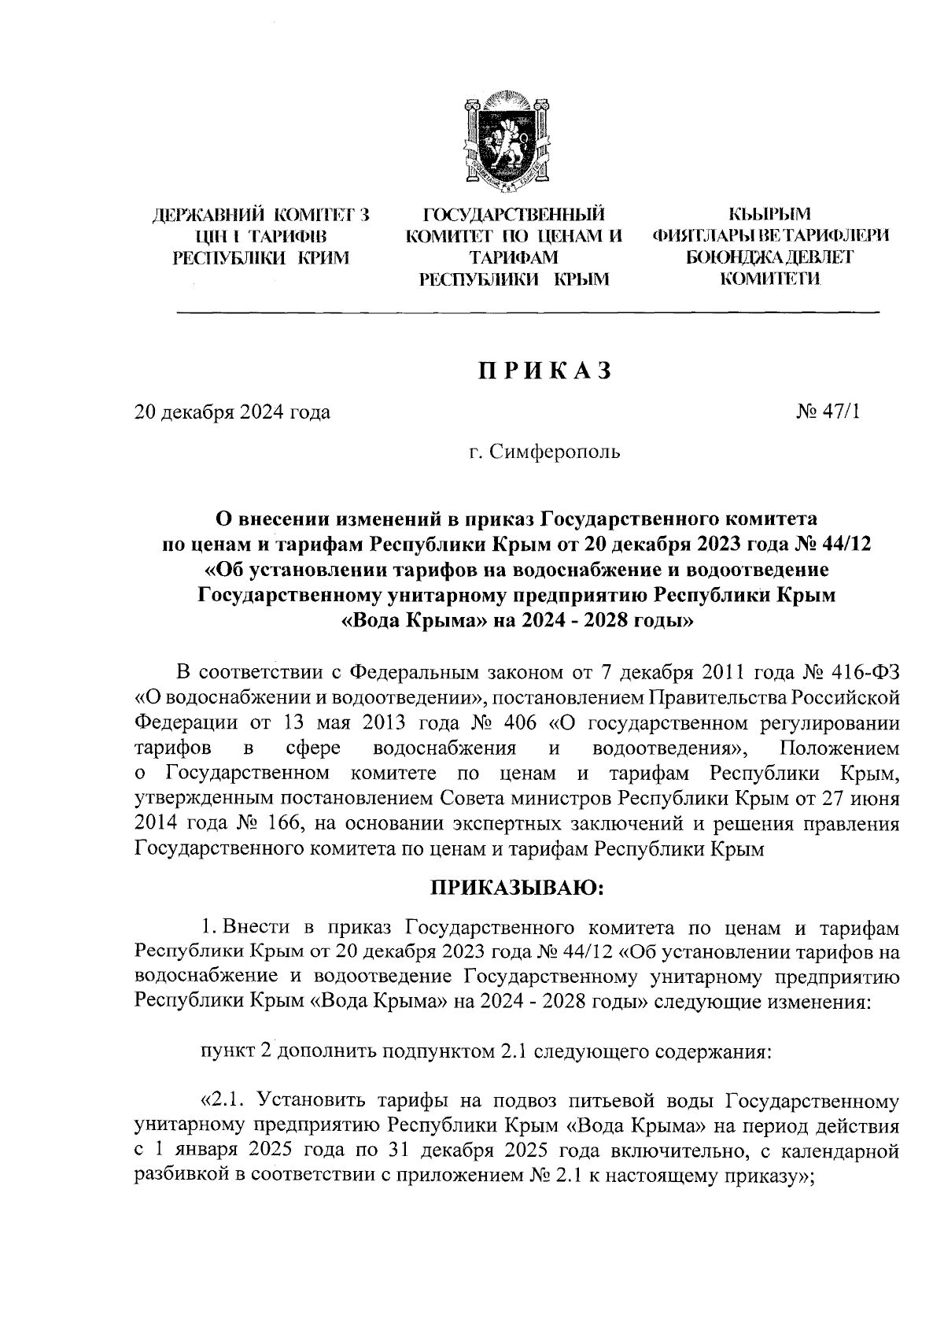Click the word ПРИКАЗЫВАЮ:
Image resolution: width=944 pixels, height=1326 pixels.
[x=515, y=888]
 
